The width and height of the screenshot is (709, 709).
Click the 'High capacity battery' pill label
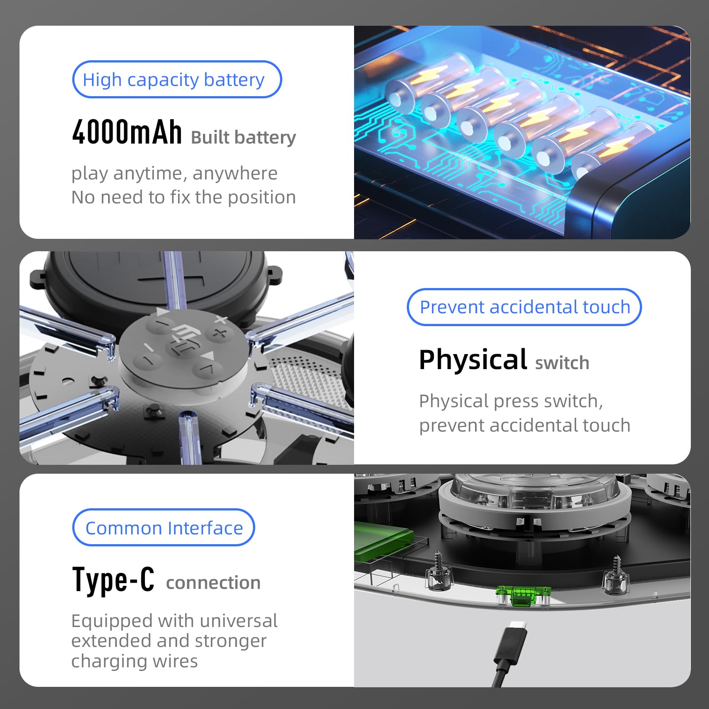tap(177, 79)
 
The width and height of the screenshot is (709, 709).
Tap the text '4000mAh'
tap(127, 132)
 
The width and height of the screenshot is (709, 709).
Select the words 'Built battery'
tap(243, 137)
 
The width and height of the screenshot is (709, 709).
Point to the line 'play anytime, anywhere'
tap(175, 173)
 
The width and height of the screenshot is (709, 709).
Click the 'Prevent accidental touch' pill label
tap(524, 307)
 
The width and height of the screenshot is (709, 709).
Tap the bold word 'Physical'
tap(473, 359)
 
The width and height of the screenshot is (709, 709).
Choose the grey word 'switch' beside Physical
tap(562, 363)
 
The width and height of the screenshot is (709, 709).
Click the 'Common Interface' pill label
tap(164, 527)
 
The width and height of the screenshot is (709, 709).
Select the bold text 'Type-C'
tap(113, 579)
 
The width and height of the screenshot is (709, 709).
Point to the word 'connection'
tap(213, 583)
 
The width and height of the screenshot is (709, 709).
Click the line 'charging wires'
tap(134, 661)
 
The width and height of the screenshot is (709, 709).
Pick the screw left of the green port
tap(439, 571)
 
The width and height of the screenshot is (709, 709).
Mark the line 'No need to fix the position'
tap(183, 197)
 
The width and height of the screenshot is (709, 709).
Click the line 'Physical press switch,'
tap(511, 401)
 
